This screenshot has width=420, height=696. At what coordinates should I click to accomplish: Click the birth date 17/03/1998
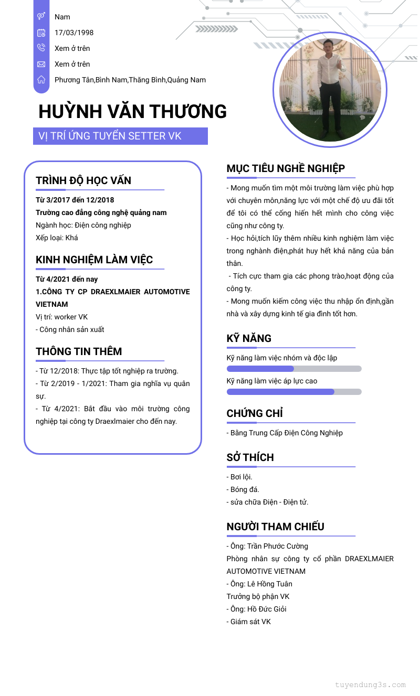point(74,33)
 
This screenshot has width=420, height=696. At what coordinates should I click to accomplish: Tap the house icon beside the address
point(41,80)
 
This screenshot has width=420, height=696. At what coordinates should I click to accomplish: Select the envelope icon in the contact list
point(41,64)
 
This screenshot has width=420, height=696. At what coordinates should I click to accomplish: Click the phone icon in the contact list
point(41,48)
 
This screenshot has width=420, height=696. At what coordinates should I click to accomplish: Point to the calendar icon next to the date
point(41,33)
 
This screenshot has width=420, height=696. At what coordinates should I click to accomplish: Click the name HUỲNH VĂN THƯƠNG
point(133,112)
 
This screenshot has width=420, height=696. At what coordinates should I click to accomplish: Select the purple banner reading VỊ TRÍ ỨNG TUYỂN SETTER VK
point(120,136)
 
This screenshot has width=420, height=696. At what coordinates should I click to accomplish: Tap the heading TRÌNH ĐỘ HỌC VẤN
point(83,180)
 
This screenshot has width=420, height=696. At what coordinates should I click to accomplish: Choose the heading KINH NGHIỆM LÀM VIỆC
point(94,260)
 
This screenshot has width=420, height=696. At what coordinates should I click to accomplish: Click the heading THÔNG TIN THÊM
point(79,351)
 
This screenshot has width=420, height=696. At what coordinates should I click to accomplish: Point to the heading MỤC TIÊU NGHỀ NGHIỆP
point(286,168)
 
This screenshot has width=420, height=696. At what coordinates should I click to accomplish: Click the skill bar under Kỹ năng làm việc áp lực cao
point(294,392)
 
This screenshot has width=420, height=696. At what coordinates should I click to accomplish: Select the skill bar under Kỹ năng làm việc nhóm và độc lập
point(294,369)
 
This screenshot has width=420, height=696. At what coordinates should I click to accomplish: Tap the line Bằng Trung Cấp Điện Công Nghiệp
point(286,433)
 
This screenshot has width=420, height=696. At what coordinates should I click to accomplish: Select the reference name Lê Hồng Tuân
point(270,584)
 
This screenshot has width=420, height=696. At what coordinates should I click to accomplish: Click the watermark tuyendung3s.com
point(370,684)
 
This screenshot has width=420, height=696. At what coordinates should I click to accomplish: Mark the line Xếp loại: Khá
point(57,238)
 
